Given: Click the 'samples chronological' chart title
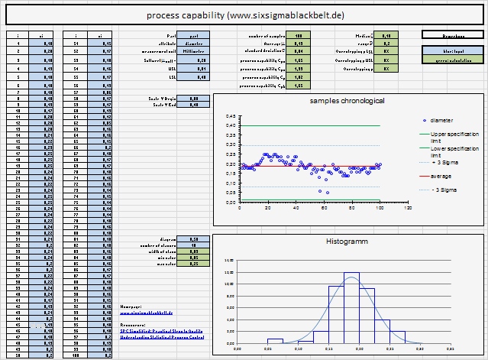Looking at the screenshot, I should coord(347,102).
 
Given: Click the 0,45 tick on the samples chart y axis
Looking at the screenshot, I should coord(231,117).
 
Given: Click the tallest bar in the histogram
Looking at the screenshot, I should coord(351,306).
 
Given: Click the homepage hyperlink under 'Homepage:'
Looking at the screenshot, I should coord(147,312).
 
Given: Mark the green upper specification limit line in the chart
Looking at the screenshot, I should coord(305,126).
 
